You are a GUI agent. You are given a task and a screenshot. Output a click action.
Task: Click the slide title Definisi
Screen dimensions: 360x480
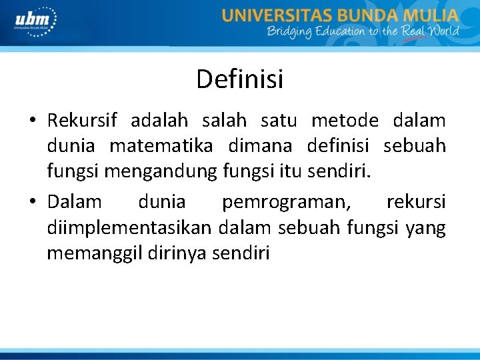tap(239, 79)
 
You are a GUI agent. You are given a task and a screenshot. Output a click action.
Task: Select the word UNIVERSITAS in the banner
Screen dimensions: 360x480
tap(274, 15)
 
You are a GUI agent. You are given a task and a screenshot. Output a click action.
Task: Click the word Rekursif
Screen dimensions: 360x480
tap(82, 121)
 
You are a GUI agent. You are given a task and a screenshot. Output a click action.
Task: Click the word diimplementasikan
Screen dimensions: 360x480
tap(129, 227)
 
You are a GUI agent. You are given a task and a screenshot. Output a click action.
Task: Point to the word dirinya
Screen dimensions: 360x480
tap(177, 253)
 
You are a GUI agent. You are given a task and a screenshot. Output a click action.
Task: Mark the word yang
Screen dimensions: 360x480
tap(429, 227)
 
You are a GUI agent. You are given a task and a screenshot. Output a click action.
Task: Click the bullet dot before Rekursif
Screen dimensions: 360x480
tap(32, 121)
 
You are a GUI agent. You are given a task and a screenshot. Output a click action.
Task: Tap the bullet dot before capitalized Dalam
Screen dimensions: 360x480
tap(32, 202)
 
